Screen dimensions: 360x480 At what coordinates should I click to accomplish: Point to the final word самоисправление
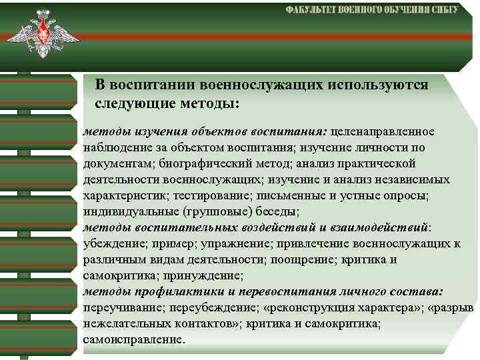click(133, 340)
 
